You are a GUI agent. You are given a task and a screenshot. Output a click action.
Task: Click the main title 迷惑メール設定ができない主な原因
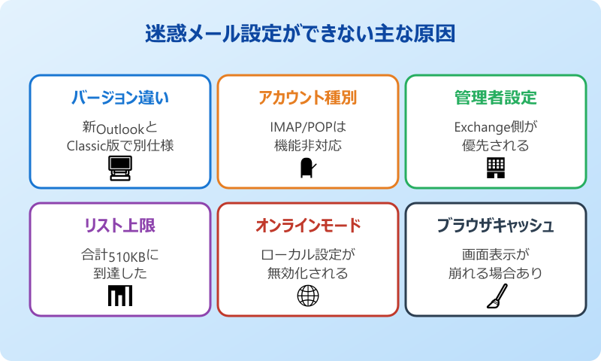[300, 35]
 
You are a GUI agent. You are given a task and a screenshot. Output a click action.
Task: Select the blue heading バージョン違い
[120, 98]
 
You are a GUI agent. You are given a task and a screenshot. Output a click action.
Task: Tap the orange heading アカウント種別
[308, 98]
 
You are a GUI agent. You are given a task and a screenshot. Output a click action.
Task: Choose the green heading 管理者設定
[496, 98]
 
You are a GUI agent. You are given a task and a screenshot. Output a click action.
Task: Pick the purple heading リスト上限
[120, 226]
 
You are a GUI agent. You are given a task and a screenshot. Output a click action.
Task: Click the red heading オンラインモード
[308, 226]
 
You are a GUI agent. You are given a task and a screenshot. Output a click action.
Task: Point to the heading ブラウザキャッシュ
[496, 226]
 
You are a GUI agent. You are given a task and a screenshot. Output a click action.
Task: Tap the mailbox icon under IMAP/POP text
[307, 168]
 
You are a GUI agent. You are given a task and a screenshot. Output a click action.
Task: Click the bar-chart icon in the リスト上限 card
[120, 296]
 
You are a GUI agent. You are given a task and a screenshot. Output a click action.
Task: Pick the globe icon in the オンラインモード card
[308, 296]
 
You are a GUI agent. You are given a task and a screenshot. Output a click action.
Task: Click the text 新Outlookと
[120, 126]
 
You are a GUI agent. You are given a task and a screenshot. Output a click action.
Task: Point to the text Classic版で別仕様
[120, 145]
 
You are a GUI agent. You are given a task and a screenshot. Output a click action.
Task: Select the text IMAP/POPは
[308, 126]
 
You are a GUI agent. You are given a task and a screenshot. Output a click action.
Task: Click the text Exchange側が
[496, 126]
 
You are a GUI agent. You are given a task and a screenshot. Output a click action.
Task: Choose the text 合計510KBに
[120, 254]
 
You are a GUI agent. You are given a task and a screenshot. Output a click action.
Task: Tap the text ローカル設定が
[308, 254]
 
